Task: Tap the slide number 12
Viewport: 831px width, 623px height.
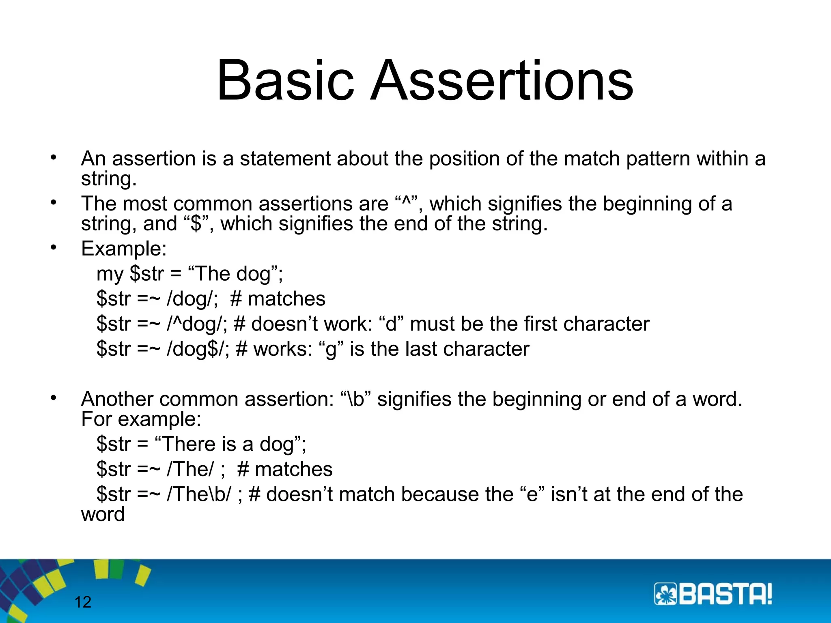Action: coord(83,602)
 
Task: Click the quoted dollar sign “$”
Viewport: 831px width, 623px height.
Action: coord(196,224)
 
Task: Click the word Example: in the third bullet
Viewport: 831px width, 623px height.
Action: coord(124,249)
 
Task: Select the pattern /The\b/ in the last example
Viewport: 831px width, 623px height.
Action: coord(199,494)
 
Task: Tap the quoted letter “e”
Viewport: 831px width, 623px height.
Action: coord(532,494)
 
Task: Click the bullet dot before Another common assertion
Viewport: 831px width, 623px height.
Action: coord(53,398)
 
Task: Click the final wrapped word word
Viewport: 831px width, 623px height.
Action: coord(103,514)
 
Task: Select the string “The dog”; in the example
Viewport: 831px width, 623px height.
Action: coord(235,274)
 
